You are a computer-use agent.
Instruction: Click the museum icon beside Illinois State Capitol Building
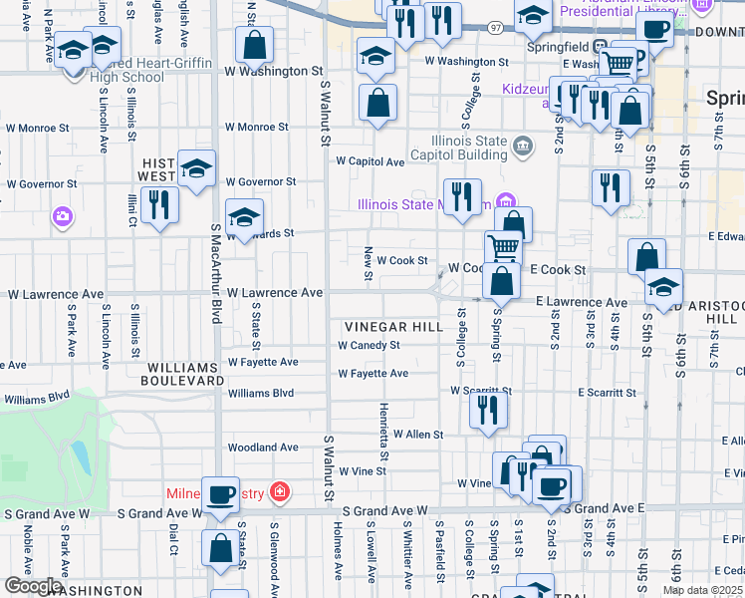pyautogui.click(x=522, y=149)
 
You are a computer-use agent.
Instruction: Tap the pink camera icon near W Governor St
pyautogui.click(x=63, y=215)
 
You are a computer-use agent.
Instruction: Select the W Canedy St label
pyautogui.click(x=369, y=346)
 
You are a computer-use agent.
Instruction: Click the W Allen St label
pyautogui.click(x=417, y=435)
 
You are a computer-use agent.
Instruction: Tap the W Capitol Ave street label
pyautogui.click(x=370, y=160)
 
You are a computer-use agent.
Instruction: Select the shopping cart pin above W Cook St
pyautogui.click(x=504, y=246)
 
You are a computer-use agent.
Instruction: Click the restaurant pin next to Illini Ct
pyautogui.click(x=158, y=204)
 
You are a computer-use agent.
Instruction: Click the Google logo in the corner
pyautogui.click(x=33, y=587)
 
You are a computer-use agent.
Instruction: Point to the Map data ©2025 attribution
pyautogui.click(x=703, y=590)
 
